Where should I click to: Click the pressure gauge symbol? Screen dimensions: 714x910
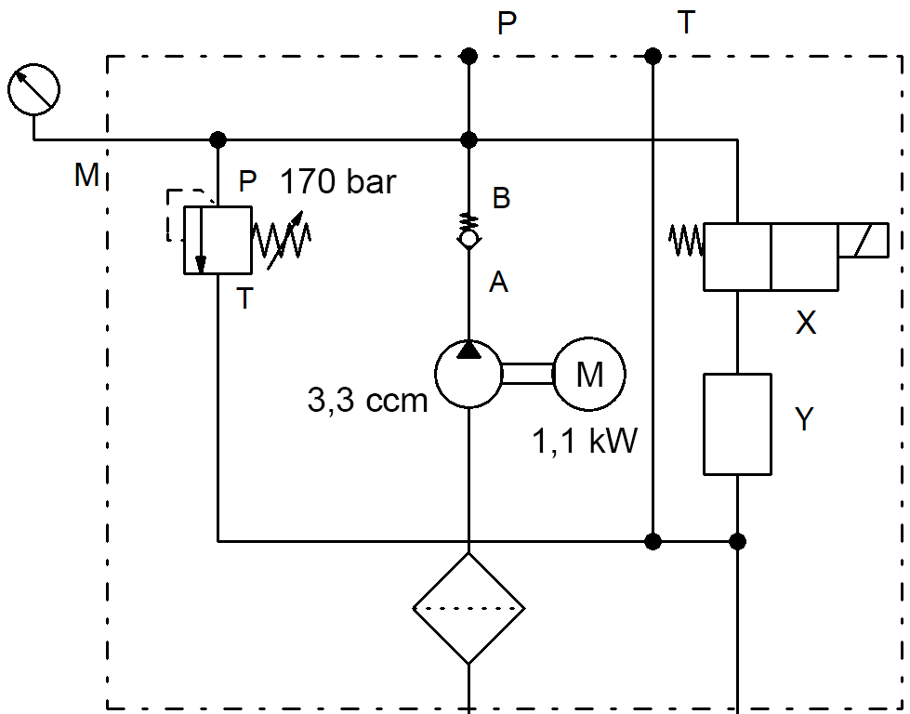point(34,90)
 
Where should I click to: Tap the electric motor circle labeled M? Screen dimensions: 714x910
point(589,374)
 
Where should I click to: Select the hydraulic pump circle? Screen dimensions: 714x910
point(468,374)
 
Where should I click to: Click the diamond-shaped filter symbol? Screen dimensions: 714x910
point(468,608)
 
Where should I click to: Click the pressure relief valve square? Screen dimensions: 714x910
point(218,240)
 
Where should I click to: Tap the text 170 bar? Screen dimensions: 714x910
point(338,180)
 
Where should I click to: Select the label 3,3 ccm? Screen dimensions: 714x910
point(367,401)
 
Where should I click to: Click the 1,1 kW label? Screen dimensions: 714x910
point(585,441)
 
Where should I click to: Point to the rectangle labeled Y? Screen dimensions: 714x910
point(737,424)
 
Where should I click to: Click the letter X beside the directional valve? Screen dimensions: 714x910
point(806,323)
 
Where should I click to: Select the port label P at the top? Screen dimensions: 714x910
point(507,23)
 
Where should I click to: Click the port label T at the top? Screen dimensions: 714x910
point(686,23)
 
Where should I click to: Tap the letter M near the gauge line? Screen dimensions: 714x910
point(87,175)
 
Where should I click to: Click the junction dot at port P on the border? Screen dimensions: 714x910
point(468,57)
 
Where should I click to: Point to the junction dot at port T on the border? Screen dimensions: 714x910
point(653,57)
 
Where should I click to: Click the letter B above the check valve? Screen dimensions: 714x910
point(501,198)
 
